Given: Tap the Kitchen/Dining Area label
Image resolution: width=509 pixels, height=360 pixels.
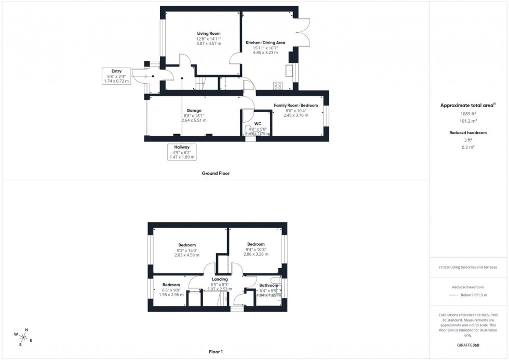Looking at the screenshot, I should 265,43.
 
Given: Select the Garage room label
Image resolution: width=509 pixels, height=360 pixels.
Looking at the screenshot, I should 194,111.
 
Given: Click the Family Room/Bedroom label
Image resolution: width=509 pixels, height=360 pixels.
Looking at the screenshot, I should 296,105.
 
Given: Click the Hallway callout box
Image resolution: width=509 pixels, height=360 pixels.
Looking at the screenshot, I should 182,152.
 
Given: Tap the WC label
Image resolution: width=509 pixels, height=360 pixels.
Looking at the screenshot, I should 257,124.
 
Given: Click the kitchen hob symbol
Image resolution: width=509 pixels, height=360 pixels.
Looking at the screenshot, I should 278,86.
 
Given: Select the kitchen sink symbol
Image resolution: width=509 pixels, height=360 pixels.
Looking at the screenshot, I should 289,71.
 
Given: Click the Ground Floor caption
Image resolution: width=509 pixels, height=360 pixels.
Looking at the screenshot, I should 216,174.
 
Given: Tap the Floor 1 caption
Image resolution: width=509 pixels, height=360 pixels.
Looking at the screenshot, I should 216,352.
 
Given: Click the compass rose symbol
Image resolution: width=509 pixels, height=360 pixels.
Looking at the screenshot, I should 24,337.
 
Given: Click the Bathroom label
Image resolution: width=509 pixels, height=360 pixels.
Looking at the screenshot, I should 269,285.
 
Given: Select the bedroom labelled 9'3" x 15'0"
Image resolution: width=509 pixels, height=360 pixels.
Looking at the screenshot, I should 187,245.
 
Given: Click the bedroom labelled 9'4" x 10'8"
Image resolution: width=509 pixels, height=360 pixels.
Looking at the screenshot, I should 256,244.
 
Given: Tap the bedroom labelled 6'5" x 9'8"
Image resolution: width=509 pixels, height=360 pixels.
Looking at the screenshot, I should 171,285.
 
